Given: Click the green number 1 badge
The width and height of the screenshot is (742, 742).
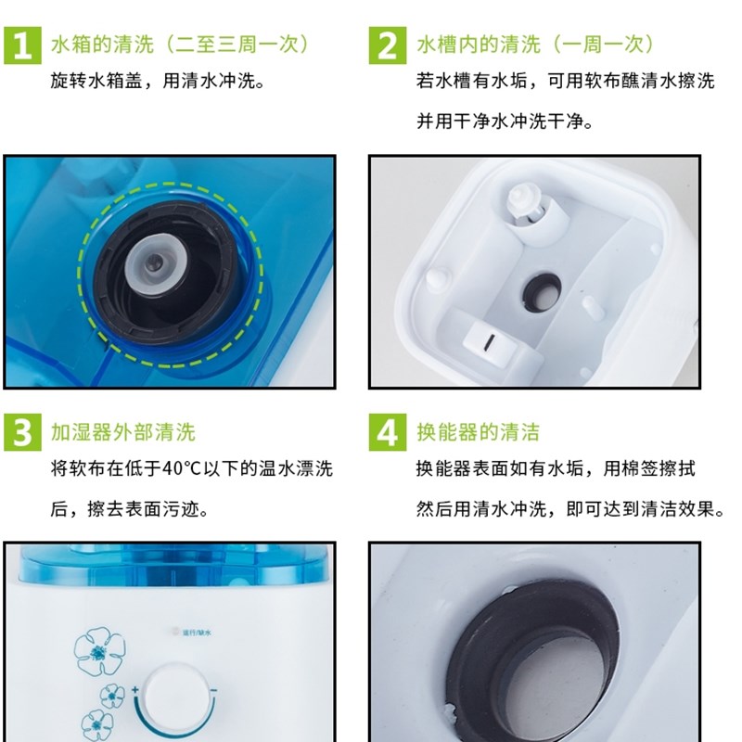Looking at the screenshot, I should pyautogui.click(x=25, y=45).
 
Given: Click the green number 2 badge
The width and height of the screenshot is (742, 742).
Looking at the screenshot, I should pyautogui.click(x=390, y=45).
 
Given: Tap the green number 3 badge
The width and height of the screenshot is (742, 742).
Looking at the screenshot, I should pyautogui.click(x=25, y=432).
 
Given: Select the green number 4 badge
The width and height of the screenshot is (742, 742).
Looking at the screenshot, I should pyautogui.click(x=390, y=432).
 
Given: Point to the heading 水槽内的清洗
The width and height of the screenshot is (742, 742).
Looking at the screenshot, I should pyautogui.click(x=467, y=45).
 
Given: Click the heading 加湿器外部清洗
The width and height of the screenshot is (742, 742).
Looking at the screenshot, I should pyautogui.click(x=123, y=433).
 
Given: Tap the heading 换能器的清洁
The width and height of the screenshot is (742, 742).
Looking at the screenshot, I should pyautogui.click(x=478, y=433).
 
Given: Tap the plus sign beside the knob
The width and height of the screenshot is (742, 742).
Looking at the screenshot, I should pyautogui.click(x=135, y=690).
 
